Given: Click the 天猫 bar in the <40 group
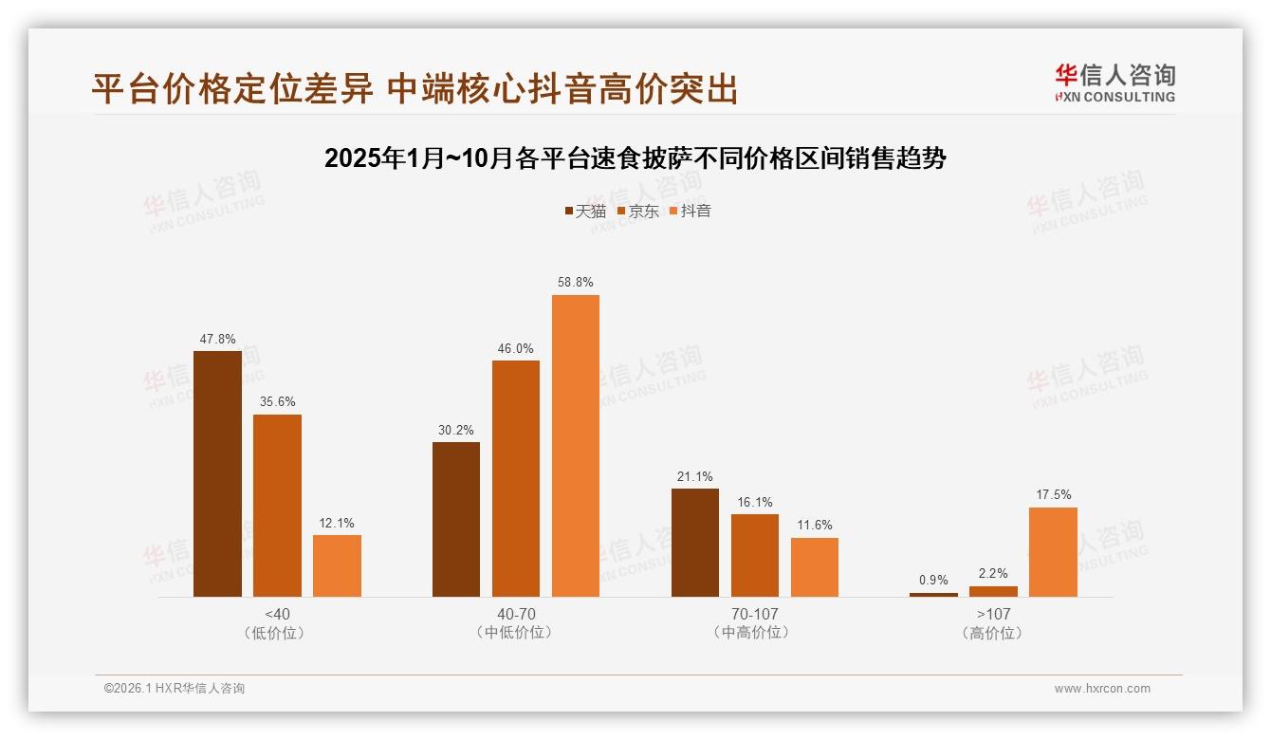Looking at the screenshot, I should (217, 473).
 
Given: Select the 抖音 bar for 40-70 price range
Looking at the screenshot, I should (576, 446).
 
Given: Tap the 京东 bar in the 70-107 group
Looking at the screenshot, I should (754, 555).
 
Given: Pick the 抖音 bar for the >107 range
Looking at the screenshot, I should (1053, 552).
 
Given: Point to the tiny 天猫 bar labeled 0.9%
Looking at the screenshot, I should (933, 595).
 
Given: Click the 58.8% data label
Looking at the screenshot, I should (576, 283).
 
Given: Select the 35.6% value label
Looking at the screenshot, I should (277, 401).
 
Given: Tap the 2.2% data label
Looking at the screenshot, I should (993, 573).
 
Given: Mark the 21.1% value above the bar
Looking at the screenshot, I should (695, 476).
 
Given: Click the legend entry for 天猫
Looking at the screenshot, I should (585, 212).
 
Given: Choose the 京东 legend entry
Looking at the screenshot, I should (638, 212).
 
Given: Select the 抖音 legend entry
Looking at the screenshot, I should (691, 212).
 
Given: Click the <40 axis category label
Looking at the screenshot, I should (277, 614).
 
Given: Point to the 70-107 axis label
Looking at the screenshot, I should (754, 614).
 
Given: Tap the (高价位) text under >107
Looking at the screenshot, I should (993, 633).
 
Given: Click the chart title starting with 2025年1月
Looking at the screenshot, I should (635, 158).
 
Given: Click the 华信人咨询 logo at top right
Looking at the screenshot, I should (1114, 83).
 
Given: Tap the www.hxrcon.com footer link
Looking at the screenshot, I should (1102, 689).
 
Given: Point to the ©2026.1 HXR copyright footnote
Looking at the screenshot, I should (175, 689).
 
